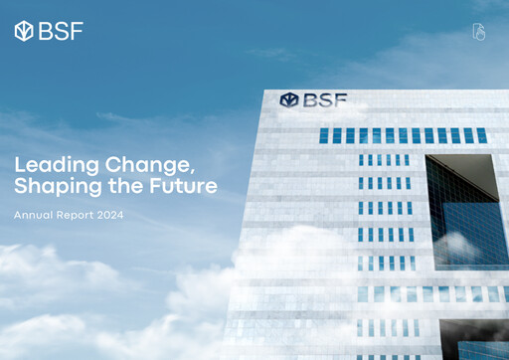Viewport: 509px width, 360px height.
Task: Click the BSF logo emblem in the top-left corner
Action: click(24, 31)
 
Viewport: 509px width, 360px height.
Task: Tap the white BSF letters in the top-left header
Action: click(61, 31)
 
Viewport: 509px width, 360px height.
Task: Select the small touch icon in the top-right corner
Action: click(478, 32)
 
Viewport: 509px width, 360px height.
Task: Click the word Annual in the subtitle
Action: click(35, 215)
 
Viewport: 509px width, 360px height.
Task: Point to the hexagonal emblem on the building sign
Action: click(289, 100)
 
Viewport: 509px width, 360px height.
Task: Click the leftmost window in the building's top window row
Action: click(324, 135)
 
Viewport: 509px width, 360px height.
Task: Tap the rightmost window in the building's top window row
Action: click(481, 135)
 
